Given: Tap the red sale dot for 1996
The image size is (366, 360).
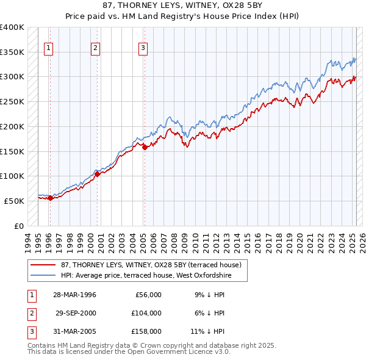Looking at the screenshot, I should tap(50, 198).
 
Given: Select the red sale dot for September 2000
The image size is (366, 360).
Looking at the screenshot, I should tap(97, 174).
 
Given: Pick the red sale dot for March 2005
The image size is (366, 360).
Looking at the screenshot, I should tap(145, 147).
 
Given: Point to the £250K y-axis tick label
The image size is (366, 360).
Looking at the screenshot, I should tap(12, 102).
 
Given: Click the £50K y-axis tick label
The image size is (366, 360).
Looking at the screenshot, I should tap(14, 201).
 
